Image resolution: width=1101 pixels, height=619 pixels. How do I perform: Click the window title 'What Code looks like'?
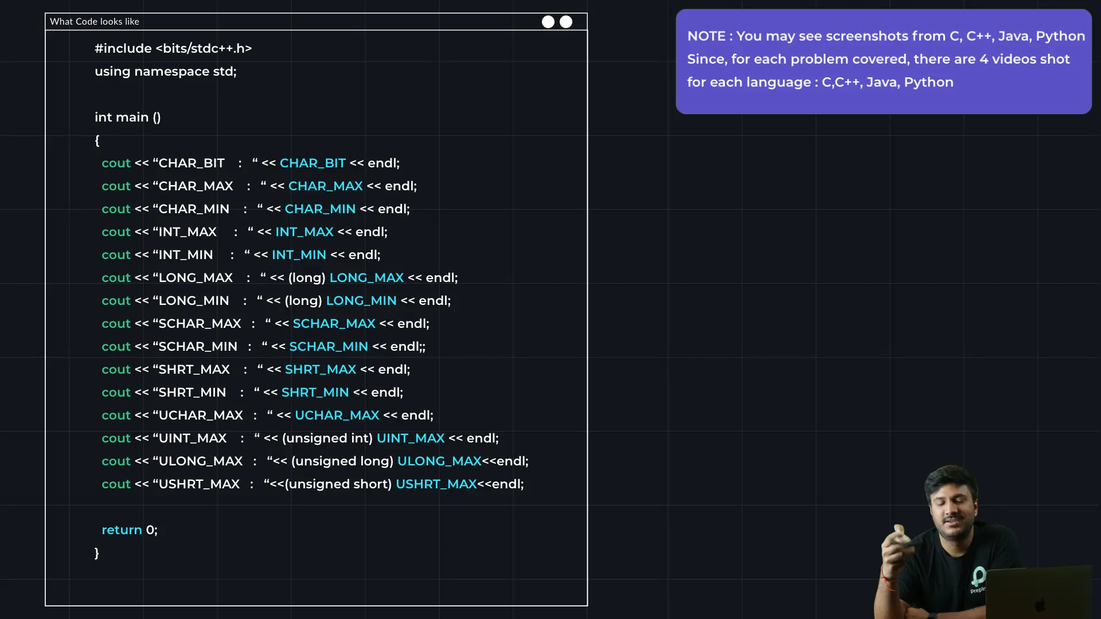click(95, 22)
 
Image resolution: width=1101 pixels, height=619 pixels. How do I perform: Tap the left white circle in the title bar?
click(548, 22)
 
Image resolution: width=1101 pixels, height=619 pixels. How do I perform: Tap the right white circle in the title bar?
click(566, 22)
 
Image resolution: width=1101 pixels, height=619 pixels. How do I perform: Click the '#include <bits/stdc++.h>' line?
click(173, 49)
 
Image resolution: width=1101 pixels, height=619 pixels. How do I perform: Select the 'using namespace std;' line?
click(165, 72)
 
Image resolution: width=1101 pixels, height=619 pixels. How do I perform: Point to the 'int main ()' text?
click(127, 117)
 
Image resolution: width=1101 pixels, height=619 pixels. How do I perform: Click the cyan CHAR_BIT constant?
click(313, 163)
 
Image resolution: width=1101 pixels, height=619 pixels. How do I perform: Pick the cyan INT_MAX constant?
click(304, 232)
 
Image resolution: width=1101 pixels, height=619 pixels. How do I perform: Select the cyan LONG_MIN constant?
click(361, 301)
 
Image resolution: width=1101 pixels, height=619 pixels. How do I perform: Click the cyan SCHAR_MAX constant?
click(334, 324)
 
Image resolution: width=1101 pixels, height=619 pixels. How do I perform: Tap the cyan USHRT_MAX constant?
click(436, 484)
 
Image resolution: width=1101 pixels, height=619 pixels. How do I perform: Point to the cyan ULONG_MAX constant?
click(439, 461)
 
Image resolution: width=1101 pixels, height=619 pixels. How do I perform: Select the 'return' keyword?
click(122, 530)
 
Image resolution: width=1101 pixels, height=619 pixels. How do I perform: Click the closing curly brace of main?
click(97, 553)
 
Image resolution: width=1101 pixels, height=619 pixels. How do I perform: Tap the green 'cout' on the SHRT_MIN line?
click(116, 393)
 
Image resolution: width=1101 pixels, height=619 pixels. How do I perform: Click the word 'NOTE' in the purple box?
click(706, 36)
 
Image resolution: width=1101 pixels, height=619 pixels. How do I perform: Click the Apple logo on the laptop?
click(1040, 604)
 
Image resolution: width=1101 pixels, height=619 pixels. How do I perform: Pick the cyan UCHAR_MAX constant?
click(337, 416)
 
